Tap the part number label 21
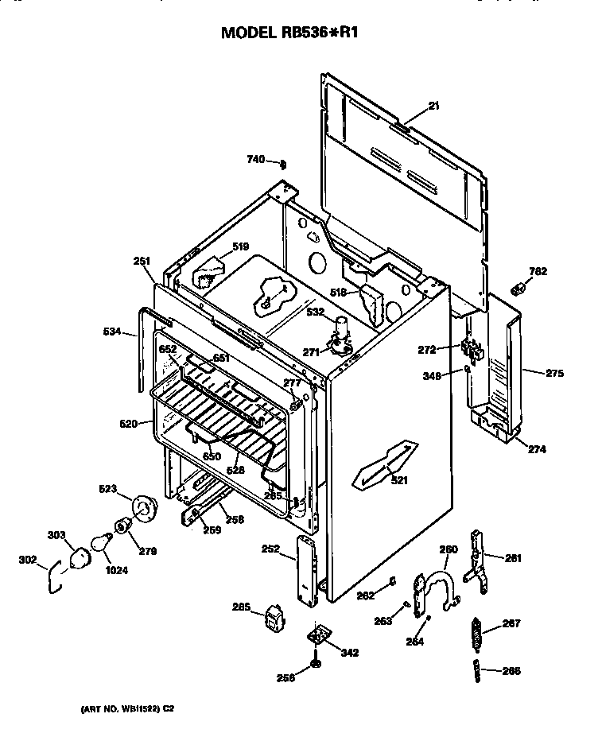pyautogui.click(x=433, y=105)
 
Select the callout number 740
pyautogui.click(x=255, y=160)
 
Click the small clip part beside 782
pyautogui.click(x=518, y=287)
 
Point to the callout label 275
pyautogui.click(x=554, y=371)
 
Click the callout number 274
pyautogui.click(x=538, y=449)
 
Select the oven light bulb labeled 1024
pyautogui.click(x=101, y=542)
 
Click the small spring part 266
pyautogui.click(x=478, y=669)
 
